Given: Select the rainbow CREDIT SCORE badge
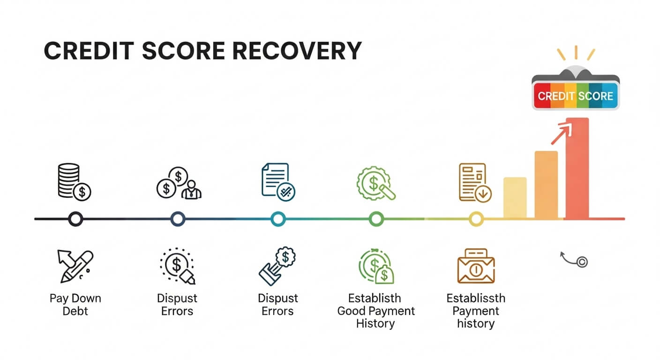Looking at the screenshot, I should pyautogui.click(x=575, y=96).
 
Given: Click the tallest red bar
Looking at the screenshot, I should pyautogui.click(x=577, y=169).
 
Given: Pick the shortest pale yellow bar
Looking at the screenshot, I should pyautogui.click(x=515, y=198).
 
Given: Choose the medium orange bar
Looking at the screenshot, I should pyautogui.click(x=546, y=185).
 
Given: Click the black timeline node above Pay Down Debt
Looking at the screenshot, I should pyautogui.click(x=75, y=218).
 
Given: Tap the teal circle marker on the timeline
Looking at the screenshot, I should pyautogui.click(x=278, y=218).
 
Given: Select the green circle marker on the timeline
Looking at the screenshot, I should pyautogui.click(x=376, y=218).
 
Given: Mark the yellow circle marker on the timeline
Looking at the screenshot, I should pyautogui.click(x=476, y=218).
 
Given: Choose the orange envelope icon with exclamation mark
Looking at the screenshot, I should pyautogui.click(x=475, y=266).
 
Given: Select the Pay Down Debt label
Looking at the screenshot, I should pyautogui.click(x=75, y=305).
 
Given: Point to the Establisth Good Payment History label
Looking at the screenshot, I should pyautogui.click(x=375, y=311).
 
